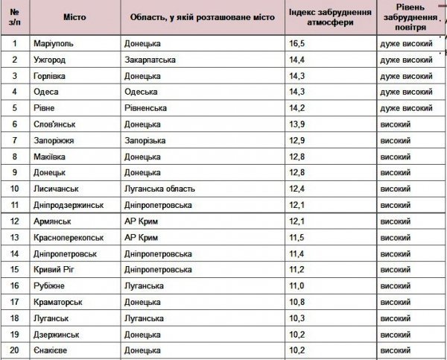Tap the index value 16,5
(297, 44)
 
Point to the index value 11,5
(297, 238)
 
